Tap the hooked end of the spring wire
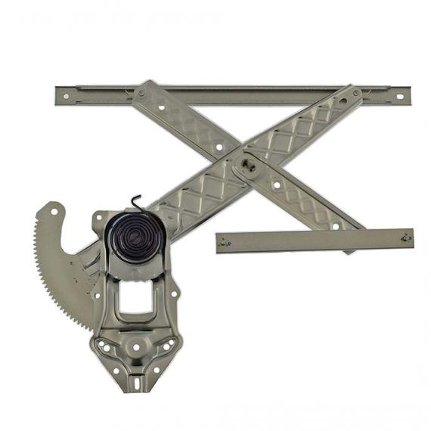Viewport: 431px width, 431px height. [137, 200]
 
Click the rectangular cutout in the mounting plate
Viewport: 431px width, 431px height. [135, 298]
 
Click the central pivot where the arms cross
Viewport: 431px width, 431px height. [247, 160]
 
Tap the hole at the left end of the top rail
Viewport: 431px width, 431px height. [66, 95]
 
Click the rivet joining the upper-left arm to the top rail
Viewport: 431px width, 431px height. [141, 94]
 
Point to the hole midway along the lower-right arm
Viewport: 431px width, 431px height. [278, 184]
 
